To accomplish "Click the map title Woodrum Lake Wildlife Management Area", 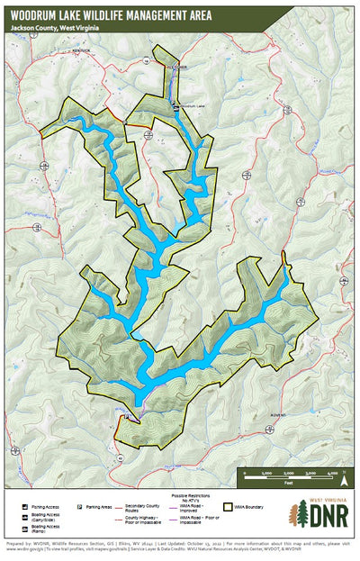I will click(129, 14).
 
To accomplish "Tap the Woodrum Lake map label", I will click(193, 106).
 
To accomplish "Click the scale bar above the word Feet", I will click(288, 475).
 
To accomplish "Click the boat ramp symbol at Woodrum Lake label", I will click(175, 106).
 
